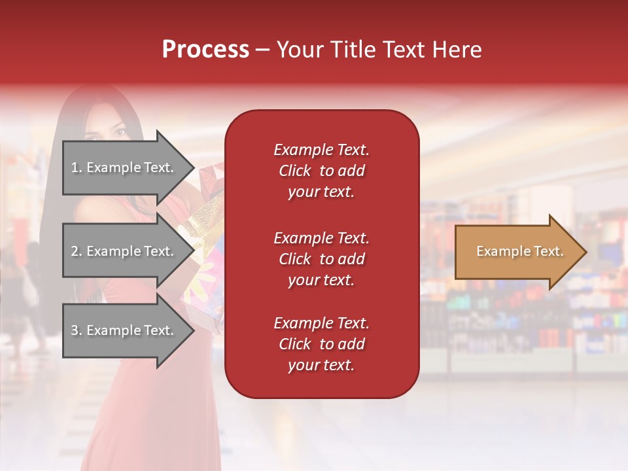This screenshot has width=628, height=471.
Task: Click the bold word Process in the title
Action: pyautogui.click(x=205, y=50)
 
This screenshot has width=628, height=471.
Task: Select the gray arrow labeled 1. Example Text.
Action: pyautogui.click(x=124, y=167)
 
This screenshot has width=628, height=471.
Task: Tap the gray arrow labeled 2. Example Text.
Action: pyautogui.click(x=124, y=251)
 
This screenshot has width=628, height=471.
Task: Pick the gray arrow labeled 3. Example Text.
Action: pyautogui.click(x=124, y=330)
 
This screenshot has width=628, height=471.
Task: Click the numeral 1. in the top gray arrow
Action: pyautogui.click(x=77, y=167)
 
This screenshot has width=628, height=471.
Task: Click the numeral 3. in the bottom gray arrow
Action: pyautogui.click(x=77, y=330)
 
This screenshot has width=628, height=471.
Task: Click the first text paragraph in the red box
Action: pyautogui.click(x=321, y=171)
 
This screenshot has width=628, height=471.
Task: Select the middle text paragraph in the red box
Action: pyautogui.click(x=321, y=259)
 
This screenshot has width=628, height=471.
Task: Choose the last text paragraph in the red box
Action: pyautogui.click(x=321, y=344)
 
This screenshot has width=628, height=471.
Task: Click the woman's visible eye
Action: pyautogui.click(x=120, y=132)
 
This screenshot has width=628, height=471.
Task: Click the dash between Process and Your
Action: pyautogui.click(x=263, y=50)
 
